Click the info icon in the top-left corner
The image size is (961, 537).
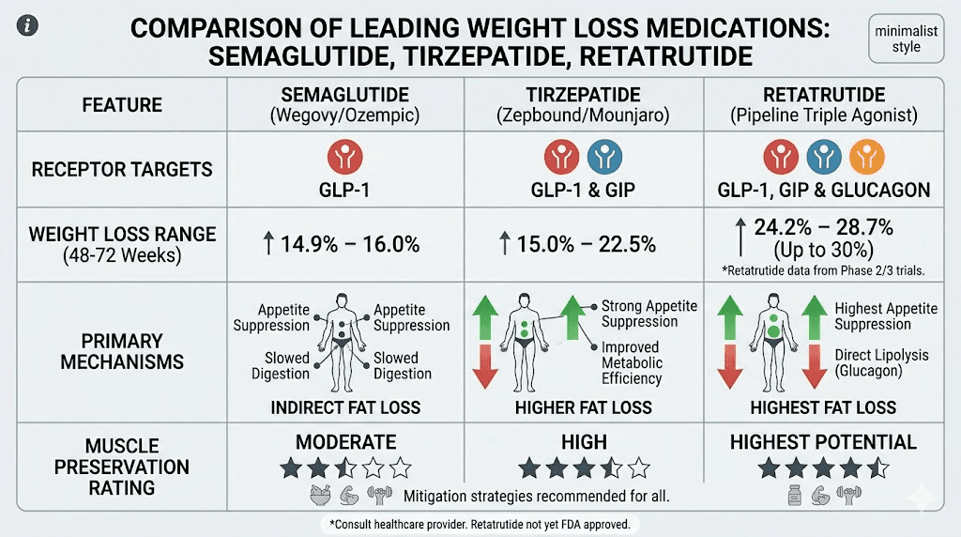tap(30, 25)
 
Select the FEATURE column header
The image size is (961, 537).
tap(122, 105)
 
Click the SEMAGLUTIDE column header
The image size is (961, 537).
tap(345, 105)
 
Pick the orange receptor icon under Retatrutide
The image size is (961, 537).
tap(864, 158)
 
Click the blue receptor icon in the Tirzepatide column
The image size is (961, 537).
tap(603, 158)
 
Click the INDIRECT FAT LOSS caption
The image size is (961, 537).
tap(345, 407)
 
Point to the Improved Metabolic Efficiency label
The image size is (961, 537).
tap(632, 363)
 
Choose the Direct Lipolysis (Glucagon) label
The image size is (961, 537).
tap(881, 363)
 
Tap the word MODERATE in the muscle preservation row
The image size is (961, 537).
tap(345, 442)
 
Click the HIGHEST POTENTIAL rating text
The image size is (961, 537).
tap(823, 442)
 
